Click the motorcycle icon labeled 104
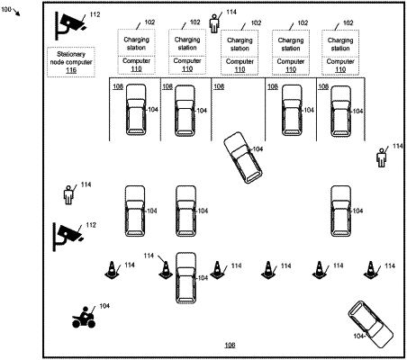(84, 318)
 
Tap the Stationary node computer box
(71, 62)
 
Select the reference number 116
(71, 70)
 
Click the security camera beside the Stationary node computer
(70, 25)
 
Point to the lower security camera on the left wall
(68, 236)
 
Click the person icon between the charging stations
(213, 23)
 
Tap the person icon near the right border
(381, 157)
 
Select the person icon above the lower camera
(68, 195)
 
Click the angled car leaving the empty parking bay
(243, 157)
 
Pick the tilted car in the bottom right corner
(371, 324)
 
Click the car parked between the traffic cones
(186, 277)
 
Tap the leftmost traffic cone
(112, 270)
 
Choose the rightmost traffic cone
(371, 270)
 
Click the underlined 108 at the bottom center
(230, 345)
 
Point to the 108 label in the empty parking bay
(219, 86)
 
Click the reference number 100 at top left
(6, 9)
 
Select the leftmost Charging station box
(137, 42)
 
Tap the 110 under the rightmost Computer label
(340, 69)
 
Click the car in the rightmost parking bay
(340, 112)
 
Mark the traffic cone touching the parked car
(166, 270)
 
